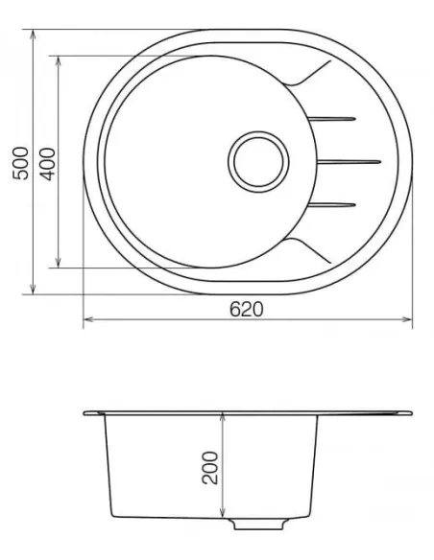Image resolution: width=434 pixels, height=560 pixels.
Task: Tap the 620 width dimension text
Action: (x=246, y=309)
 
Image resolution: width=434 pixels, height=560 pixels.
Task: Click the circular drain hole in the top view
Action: (x=256, y=157)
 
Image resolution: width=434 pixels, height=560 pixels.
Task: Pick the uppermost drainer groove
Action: (x=334, y=118)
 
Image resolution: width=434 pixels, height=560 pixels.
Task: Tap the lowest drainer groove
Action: (x=334, y=202)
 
